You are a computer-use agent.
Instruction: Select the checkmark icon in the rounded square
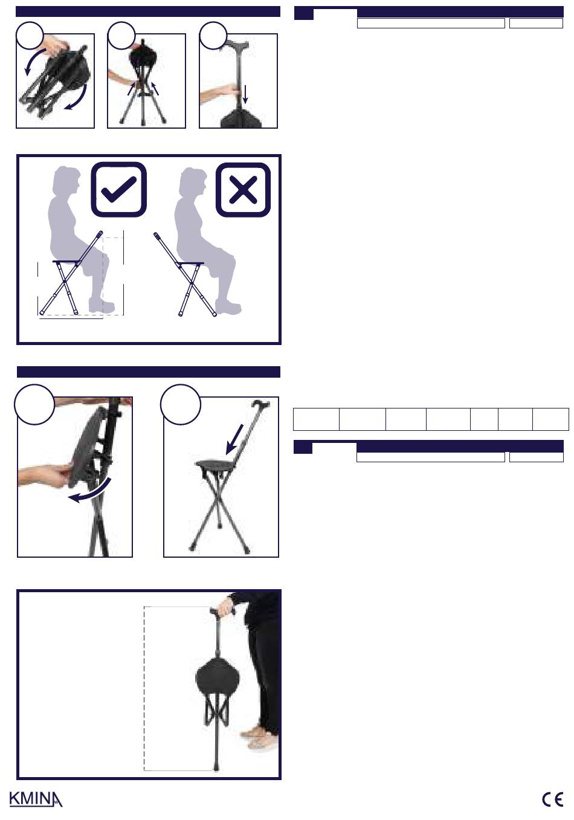tap(118, 189)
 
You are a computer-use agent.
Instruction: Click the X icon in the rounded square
tap(243, 190)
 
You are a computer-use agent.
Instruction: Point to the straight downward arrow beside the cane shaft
tap(245, 94)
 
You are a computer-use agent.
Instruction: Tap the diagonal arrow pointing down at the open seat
tap(234, 439)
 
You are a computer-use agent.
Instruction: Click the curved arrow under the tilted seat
tap(89, 491)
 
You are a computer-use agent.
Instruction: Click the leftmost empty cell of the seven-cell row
tap(316, 419)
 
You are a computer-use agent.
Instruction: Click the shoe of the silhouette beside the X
tap(228, 307)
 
